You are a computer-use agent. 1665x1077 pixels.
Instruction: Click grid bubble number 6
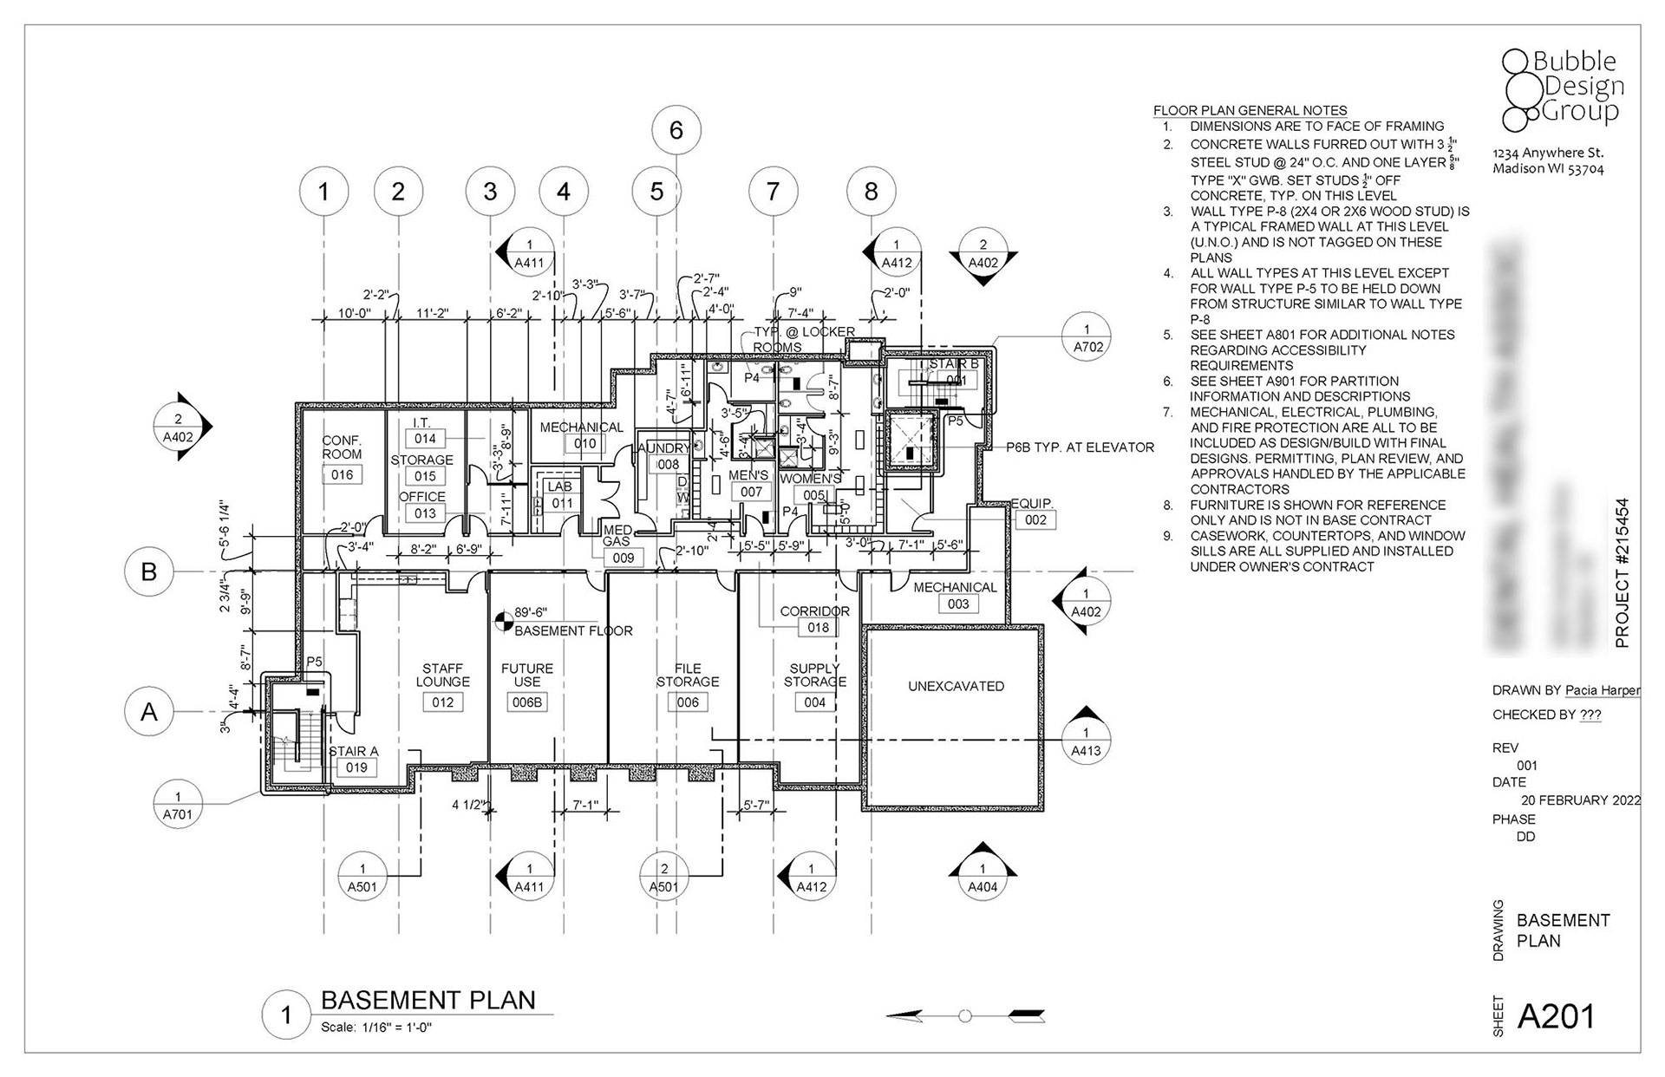click(676, 130)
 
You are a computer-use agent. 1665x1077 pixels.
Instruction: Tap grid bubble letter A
click(149, 712)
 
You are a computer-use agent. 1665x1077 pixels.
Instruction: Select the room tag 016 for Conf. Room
click(342, 474)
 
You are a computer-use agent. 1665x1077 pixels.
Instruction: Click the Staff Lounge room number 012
click(442, 702)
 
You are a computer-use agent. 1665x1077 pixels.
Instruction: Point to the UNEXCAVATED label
click(956, 686)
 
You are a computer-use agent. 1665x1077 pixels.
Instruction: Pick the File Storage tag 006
click(688, 702)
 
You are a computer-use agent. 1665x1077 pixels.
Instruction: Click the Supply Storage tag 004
click(814, 702)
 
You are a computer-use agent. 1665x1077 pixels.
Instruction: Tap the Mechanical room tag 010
click(584, 443)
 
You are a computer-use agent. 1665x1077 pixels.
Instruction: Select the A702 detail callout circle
click(1087, 338)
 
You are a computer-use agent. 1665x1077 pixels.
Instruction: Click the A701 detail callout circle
click(178, 805)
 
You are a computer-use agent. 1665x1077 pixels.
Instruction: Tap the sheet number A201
click(1556, 1016)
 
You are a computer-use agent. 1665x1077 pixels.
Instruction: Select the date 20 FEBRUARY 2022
click(1580, 800)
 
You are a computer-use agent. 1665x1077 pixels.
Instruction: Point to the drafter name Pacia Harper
click(1603, 690)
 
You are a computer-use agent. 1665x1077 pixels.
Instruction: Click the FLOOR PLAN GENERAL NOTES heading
click(1250, 110)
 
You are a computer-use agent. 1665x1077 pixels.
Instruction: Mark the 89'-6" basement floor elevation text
click(531, 612)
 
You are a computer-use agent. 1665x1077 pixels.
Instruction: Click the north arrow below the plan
click(965, 1015)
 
